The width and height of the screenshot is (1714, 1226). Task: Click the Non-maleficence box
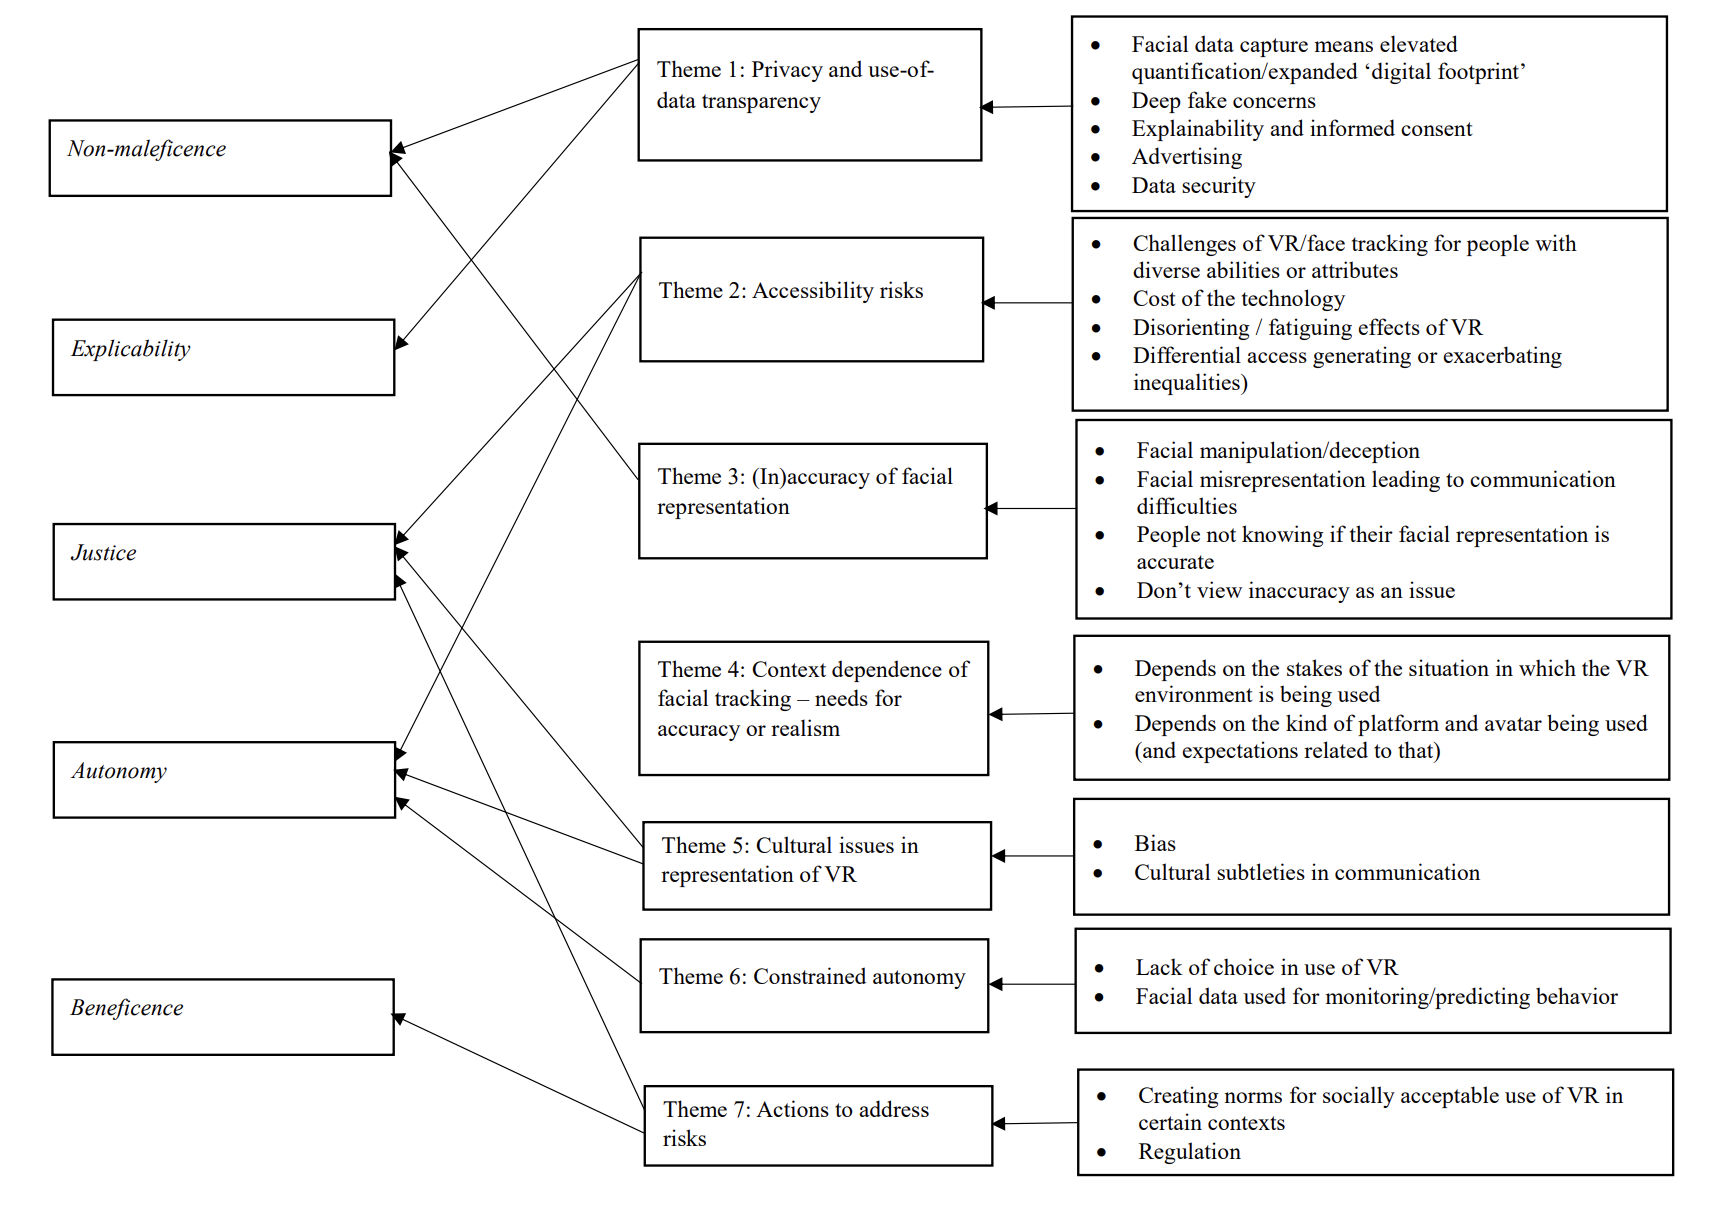point(220,158)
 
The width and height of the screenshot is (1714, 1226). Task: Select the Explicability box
point(223,357)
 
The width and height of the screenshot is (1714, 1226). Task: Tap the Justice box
point(224,561)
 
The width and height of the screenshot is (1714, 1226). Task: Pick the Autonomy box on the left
point(224,779)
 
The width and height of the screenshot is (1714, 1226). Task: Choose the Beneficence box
point(223,1016)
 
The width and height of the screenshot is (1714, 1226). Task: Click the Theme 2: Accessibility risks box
point(811,299)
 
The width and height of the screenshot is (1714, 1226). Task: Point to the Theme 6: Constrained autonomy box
point(814,985)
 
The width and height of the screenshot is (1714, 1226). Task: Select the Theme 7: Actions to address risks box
point(818,1125)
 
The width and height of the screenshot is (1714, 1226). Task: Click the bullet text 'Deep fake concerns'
point(1223,101)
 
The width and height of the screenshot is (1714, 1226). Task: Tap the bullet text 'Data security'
point(1193,186)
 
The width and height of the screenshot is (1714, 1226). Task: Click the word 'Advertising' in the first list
point(1187,157)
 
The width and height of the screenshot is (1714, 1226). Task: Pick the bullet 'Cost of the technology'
point(1238,299)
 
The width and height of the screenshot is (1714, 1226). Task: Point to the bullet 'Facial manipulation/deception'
point(1277,451)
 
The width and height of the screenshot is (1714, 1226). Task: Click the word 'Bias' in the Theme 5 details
point(1155,844)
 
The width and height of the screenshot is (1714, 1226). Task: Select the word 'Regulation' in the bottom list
point(1189,1152)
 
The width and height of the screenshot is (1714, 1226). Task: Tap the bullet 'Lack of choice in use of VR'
point(1266,968)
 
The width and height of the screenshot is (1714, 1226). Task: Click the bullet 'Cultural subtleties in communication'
point(1306,873)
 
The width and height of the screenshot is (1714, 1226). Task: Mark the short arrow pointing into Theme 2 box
point(1027,303)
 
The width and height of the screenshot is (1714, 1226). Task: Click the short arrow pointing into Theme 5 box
point(1033,856)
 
